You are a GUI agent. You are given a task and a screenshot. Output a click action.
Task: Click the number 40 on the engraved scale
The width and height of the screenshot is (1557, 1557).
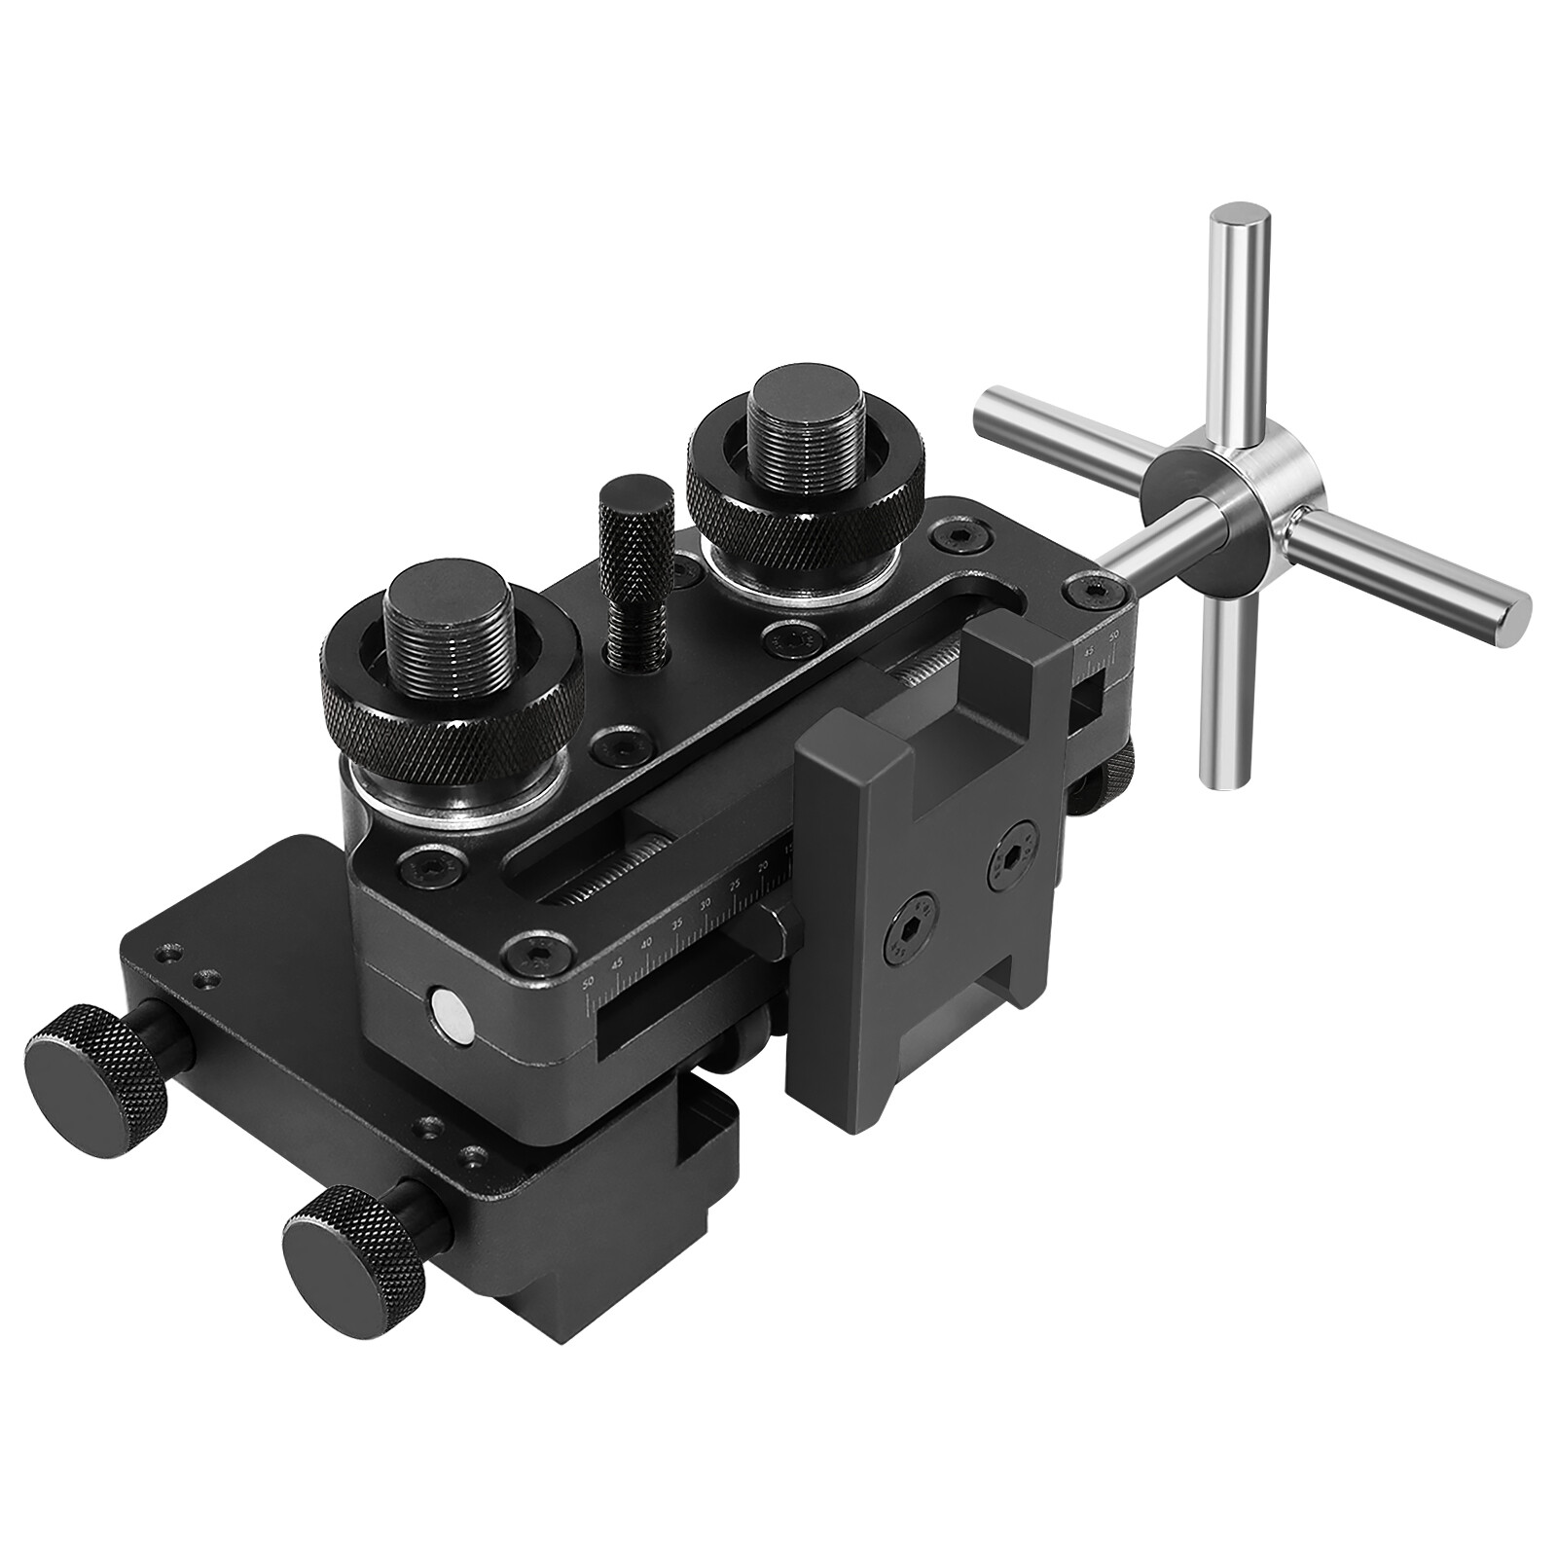(x=645, y=945)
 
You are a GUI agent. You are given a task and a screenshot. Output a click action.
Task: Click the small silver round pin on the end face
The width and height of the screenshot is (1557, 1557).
(x=452, y=1012)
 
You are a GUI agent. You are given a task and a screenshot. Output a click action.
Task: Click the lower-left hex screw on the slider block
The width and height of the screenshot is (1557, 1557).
(x=907, y=937)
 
